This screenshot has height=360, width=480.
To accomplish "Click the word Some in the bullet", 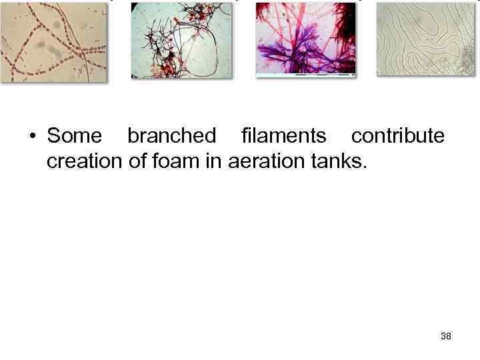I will click(x=74, y=136).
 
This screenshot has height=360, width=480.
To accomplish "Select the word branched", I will click(x=171, y=136).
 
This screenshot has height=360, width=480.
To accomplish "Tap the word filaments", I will click(x=283, y=136).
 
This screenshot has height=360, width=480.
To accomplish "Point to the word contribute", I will click(x=397, y=136).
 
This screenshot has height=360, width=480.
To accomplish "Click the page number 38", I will click(x=446, y=336).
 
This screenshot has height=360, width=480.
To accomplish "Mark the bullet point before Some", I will click(x=32, y=137).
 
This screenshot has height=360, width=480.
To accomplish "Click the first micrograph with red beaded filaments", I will click(x=54, y=41).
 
